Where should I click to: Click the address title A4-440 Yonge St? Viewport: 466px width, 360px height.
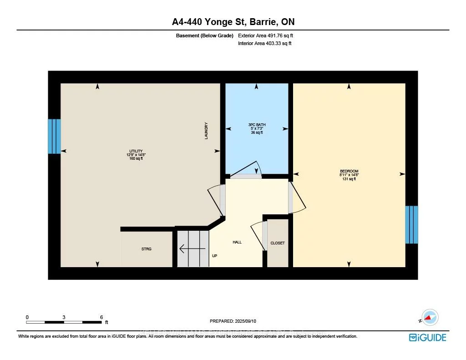point(233,22)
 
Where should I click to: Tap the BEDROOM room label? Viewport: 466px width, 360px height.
point(349,175)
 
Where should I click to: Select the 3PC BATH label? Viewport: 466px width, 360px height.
point(257,128)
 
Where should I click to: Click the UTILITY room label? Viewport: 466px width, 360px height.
point(136,155)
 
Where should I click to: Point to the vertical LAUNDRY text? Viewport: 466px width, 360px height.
point(206,131)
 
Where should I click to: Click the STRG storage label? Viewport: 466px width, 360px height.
point(146,249)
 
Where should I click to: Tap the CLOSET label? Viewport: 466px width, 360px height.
point(278,243)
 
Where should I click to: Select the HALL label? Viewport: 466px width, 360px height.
point(237,242)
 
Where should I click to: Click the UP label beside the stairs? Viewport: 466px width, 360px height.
point(215,256)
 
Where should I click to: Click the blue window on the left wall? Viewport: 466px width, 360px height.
point(54,136)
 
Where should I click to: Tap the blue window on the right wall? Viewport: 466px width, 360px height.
point(411,224)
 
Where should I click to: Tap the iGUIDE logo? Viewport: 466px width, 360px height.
point(427,337)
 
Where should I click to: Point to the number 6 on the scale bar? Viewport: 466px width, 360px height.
point(101,317)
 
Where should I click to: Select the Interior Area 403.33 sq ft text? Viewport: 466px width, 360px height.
point(264,43)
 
